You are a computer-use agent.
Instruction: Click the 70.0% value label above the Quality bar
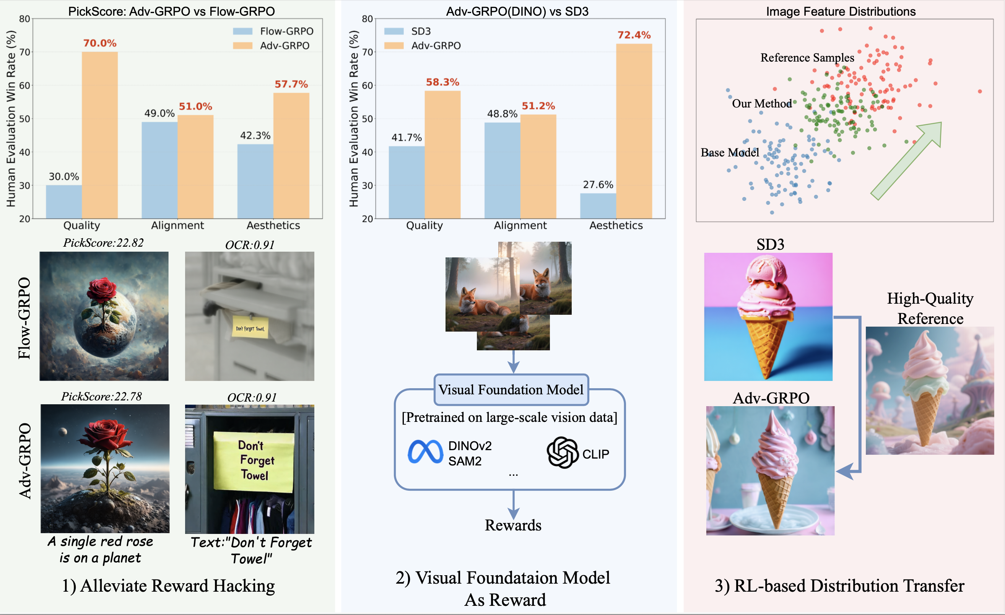99,43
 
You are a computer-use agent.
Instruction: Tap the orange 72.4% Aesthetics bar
633,130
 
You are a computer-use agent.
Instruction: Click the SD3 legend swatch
394,31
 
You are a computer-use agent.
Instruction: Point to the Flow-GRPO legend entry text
287,31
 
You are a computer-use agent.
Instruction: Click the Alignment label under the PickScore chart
177,225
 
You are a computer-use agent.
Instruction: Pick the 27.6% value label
598,185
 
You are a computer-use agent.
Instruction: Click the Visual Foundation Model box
511,389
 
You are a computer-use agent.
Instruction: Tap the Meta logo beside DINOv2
425,452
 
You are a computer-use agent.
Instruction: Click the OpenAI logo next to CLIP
562,453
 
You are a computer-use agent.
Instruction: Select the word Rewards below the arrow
513,525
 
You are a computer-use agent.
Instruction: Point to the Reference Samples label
807,57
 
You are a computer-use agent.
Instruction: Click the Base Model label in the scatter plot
729,153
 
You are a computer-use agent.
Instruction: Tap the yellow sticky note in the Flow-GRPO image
250,327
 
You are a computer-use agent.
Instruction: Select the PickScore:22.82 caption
103,243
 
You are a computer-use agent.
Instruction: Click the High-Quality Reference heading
930,308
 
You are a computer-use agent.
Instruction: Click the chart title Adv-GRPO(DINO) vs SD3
517,11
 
